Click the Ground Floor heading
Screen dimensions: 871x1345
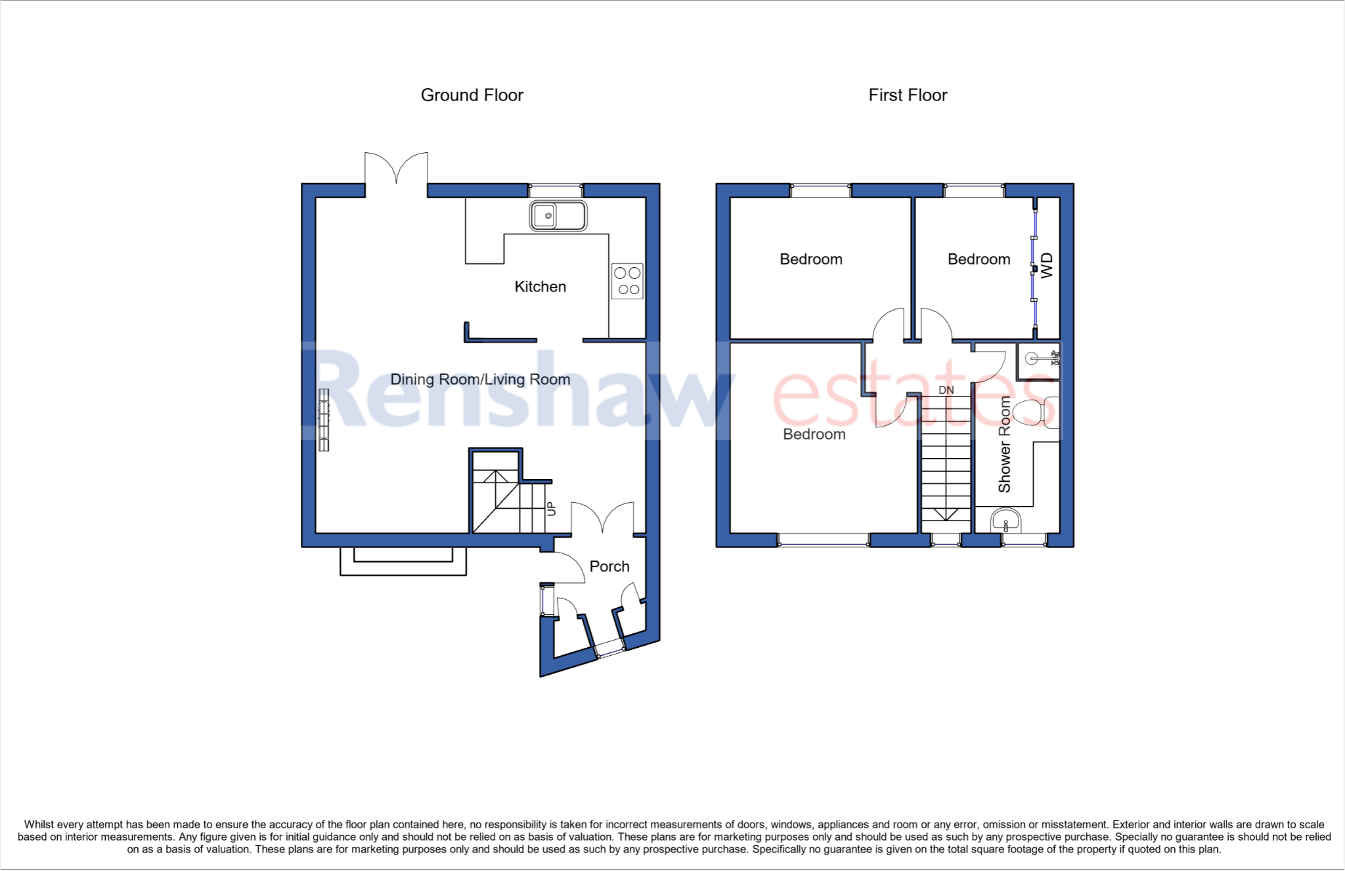[472, 95]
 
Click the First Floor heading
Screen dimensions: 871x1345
[908, 95]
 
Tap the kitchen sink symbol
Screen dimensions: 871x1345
[558, 215]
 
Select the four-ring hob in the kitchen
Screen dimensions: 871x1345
[627, 281]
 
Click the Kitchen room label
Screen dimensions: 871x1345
[540, 287]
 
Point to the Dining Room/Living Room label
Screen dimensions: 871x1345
[480, 379]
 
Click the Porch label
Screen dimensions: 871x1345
[609, 566]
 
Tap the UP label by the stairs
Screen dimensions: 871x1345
[551, 509]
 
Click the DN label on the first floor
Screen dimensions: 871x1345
[946, 390]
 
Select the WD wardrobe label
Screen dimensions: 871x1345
[1047, 265]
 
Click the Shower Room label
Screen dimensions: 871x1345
[1004, 444]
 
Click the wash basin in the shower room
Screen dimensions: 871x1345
[1005, 521]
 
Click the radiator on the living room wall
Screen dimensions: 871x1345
[324, 420]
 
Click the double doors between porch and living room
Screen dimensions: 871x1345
[602, 519]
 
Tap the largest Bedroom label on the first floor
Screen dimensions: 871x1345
[814, 435]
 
